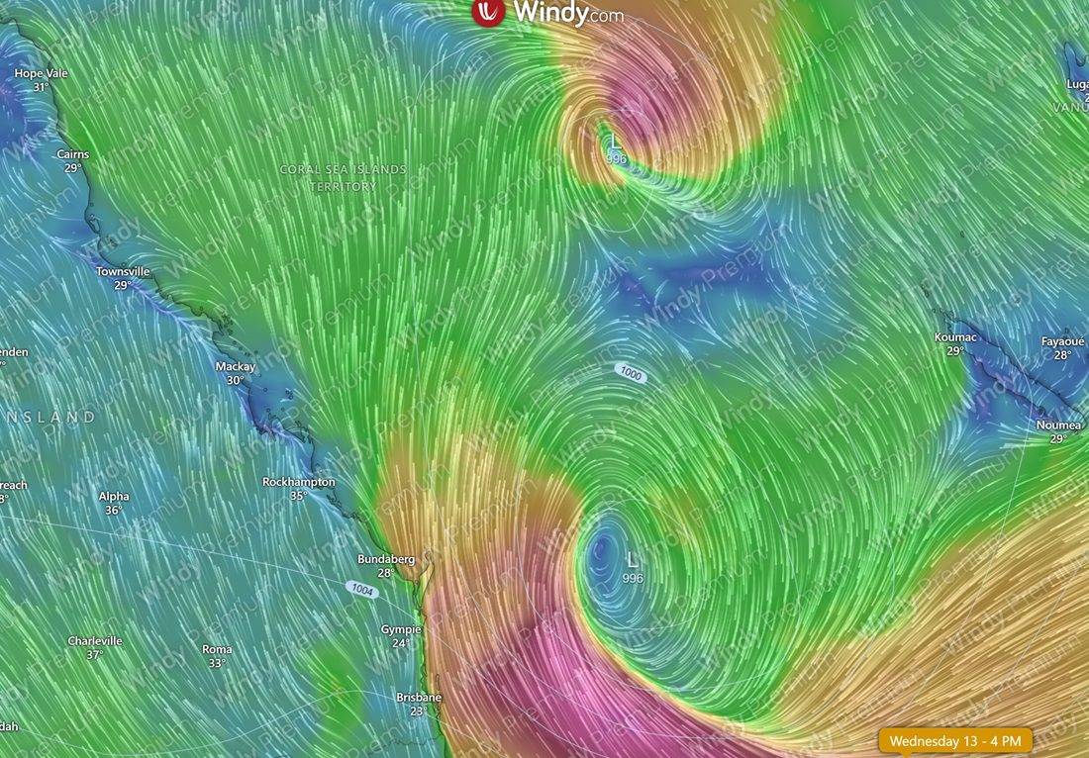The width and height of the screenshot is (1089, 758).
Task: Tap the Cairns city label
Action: click(x=72, y=154)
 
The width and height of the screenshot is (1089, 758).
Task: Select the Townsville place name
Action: click(x=123, y=271)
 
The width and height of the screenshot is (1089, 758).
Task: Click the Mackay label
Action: click(x=236, y=366)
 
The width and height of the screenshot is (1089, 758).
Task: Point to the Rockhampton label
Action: click(x=298, y=482)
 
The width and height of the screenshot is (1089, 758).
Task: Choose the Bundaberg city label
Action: click(x=386, y=559)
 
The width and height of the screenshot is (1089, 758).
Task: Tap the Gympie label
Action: click(x=401, y=629)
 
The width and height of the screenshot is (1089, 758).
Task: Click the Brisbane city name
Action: click(x=419, y=697)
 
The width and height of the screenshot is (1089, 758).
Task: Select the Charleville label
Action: click(x=95, y=640)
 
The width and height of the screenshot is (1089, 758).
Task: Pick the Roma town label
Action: click(x=217, y=649)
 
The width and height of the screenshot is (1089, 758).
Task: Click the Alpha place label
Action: click(x=114, y=497)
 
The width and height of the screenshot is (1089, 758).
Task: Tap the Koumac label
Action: click(x=954, y=337)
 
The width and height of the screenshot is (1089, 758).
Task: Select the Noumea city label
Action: click(x=1057, y=425)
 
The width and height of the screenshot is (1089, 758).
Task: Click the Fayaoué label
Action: click(x=1062, y=341)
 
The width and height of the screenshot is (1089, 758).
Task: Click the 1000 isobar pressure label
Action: click(x=630, y=372)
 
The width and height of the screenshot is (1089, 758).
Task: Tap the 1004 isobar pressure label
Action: click(x=362, y=588)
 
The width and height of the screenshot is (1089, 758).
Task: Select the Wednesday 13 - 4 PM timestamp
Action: click(x=956, y=740)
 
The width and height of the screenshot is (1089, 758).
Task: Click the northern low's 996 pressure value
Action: click(x=616, y=158)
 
